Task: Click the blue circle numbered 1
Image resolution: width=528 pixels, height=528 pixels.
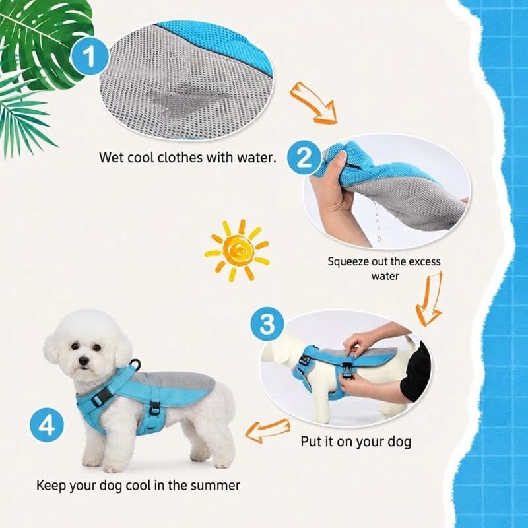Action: (90, 56)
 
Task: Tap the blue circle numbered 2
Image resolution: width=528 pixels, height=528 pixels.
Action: (304, 158)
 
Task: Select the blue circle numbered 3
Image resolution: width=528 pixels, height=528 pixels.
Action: (267, 324)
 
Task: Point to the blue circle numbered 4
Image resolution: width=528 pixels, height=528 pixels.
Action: (46, 424)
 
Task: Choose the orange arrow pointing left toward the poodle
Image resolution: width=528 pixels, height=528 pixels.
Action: (268, 431)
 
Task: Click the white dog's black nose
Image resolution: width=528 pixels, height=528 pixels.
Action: (83, 361)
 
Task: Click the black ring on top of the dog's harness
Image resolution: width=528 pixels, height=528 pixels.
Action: (136, 365)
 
